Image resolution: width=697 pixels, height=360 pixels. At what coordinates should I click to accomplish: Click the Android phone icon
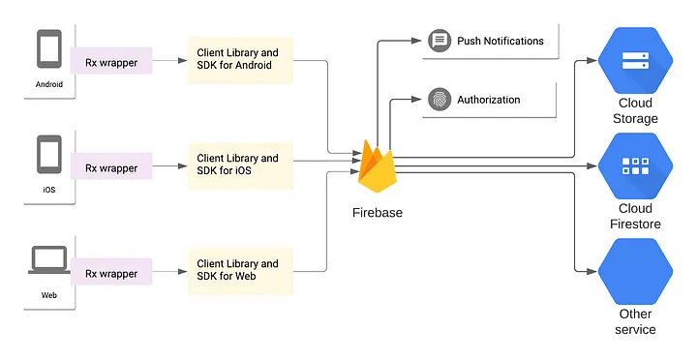click(49, 51)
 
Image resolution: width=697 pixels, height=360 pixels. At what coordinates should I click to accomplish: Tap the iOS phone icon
click(49, 155)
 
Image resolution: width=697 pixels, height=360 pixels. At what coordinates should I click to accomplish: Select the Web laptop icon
click(49, 260)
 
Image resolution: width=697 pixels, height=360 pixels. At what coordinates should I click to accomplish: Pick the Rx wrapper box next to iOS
click(111, 168)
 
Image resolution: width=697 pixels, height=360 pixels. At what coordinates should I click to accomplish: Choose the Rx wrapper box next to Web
click(111, 274)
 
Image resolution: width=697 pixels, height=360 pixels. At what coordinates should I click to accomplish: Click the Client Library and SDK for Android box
click(237, 59)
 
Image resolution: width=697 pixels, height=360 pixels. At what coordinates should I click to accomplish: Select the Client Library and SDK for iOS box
click(237, 165)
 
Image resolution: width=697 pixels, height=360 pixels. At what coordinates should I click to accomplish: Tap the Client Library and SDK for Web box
click(237, 270)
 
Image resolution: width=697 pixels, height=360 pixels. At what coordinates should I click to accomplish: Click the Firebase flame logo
click(377, 165)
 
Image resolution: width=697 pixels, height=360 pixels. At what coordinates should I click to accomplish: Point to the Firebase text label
click(377, 212)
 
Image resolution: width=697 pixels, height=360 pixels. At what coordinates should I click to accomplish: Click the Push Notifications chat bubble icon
click(438, 41)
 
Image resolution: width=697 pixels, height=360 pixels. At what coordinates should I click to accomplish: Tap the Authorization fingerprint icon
click(438, 100)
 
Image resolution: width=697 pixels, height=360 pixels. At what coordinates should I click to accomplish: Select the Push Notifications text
click(500, 41)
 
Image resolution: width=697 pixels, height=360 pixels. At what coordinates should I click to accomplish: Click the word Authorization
click(488, 100)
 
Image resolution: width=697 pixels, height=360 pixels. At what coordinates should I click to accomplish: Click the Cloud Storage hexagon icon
click(635, 58)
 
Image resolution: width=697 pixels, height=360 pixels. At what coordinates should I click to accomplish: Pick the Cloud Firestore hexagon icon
click(635, 165)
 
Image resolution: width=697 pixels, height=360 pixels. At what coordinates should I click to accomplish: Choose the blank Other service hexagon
click(635, 270)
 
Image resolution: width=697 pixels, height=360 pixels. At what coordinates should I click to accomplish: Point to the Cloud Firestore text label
click(635, 216)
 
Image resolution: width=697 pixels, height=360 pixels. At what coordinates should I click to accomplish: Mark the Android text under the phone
click(49, 84)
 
